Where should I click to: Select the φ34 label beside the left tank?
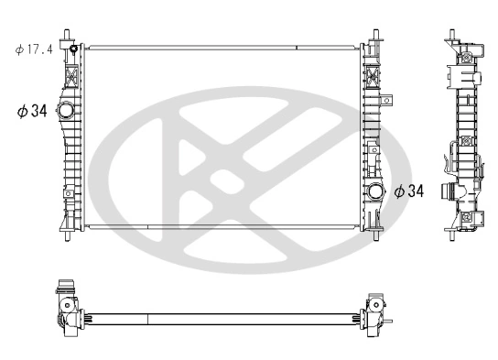[x=31, y=112]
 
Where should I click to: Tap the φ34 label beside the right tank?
[x=409, y=191]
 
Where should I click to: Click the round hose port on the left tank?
[x=66, y=111]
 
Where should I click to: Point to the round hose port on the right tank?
[x=375, y=191]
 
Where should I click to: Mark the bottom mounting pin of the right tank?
[x=375, y=236]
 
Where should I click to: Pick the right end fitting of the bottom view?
[x=377, y=311]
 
